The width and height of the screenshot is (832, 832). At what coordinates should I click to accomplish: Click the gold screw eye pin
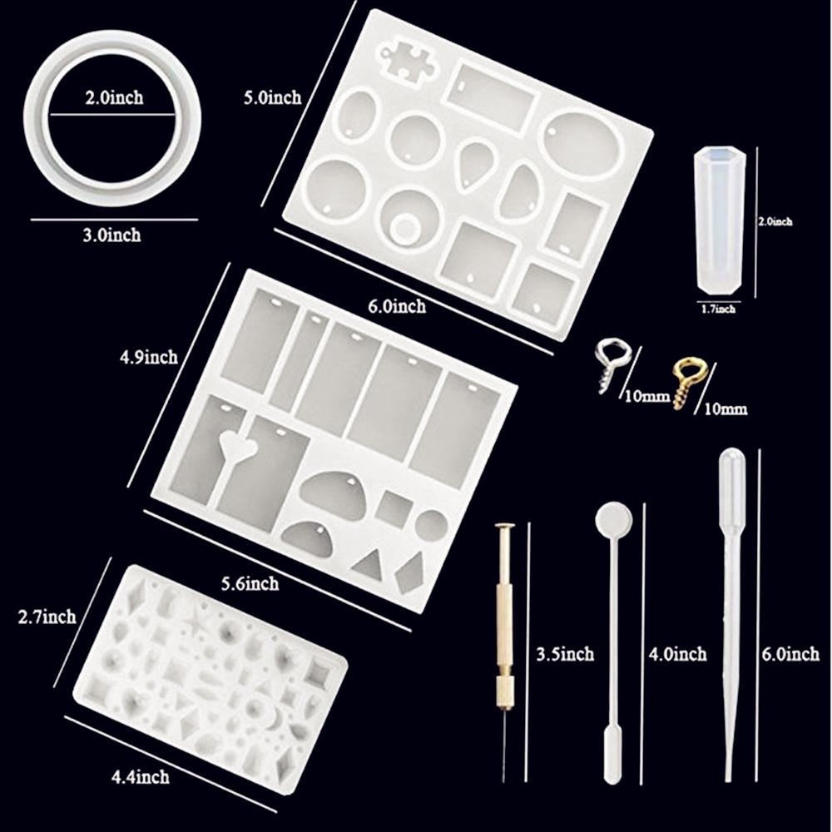point(685,384)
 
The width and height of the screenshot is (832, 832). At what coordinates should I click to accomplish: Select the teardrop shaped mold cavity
point(475,163)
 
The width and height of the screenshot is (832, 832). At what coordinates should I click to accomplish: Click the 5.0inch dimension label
point(272,97)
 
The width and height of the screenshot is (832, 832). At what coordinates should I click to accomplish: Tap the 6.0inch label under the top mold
point(397,306)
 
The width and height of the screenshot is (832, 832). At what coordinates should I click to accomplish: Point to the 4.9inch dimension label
point(149,357)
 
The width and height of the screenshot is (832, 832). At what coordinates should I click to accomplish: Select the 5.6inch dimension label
point(250,583)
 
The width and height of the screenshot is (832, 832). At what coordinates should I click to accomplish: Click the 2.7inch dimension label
point(47,617)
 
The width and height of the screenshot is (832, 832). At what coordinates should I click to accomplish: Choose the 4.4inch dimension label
point(140,777)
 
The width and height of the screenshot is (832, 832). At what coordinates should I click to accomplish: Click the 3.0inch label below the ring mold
point(112,235)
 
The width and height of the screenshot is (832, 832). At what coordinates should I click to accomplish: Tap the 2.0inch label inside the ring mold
point(114,97)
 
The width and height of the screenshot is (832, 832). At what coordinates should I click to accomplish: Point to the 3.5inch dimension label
point(565,654)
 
